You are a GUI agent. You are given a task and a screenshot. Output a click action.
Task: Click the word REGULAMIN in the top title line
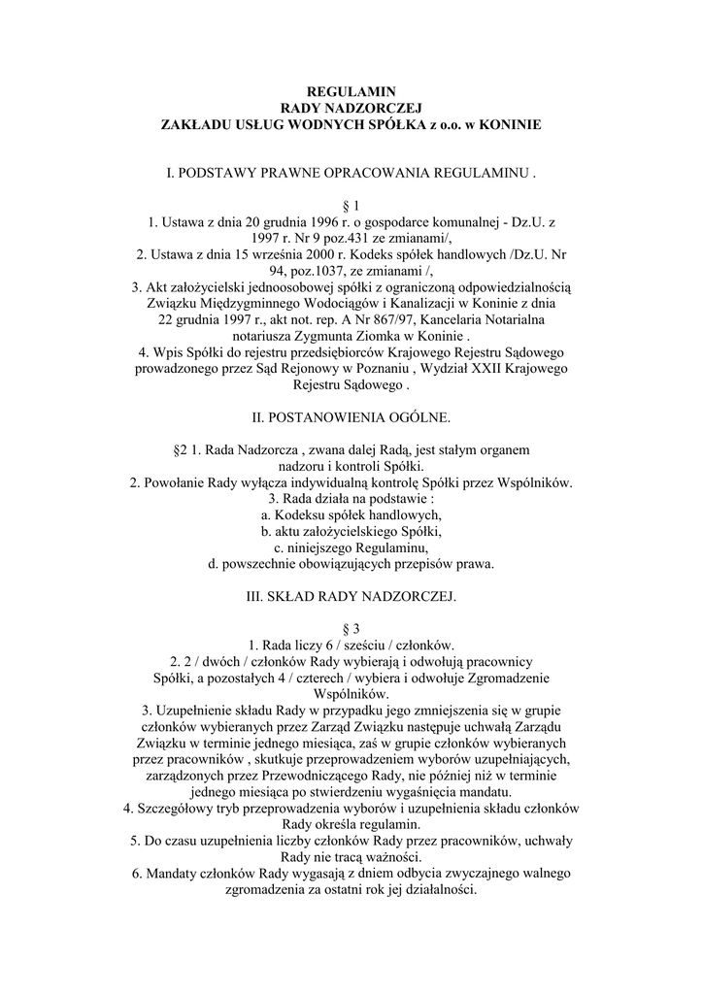[x=351, y=91]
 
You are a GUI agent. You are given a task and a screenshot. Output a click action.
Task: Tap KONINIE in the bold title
[x=507, y=125]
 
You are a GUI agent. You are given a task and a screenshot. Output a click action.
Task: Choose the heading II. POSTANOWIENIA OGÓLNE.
[x=351, y=417]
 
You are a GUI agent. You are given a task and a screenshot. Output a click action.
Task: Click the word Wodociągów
[x=363, y=304]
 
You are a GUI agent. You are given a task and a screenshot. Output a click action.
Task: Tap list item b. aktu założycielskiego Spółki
[x=351, y=531]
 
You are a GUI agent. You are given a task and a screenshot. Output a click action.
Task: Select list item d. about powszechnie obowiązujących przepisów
[x=351, y=564]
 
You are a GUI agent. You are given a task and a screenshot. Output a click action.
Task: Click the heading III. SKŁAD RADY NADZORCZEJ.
[x=351, y=595]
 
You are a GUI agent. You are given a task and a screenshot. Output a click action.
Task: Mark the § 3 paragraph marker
[x=351, y=628]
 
